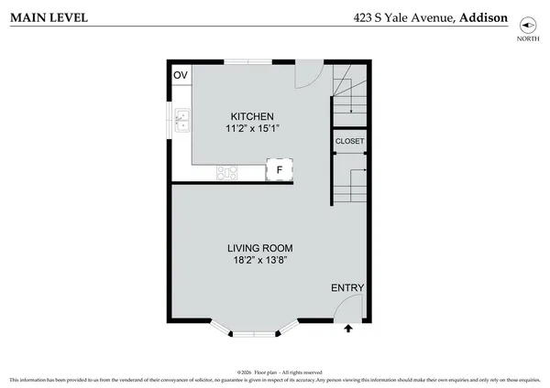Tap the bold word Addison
pyautogui.click(x=484, y=16)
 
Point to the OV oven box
pyautogui.click(x=180, y=75)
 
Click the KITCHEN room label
pyautogui.click(x=251, y=116)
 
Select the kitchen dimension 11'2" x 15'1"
pyautogui.click(x=251, y=129)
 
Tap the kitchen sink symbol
pyautogui.click(x=182, y=118)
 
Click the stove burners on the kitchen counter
pyautogui.click(x=227, y=171)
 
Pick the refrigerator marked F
pyautogui.click(x=280, y=170)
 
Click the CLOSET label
pyautogui.click(x=349, y=141)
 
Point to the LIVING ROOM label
pyautogui.click(x=259, y=248)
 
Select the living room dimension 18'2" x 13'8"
pyautogui.click(x=259, y=261)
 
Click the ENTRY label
pyautogui.click(x=347, y=288)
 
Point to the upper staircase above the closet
pyautogui.click(x=349, y=95)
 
